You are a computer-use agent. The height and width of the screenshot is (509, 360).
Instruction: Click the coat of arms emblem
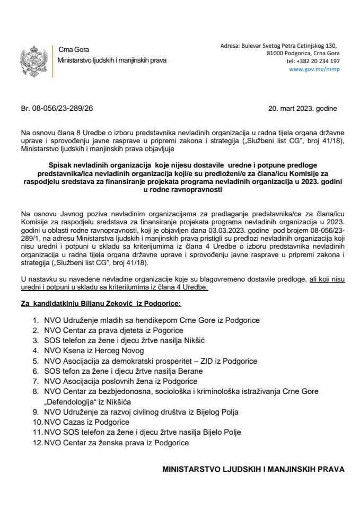(30, 62)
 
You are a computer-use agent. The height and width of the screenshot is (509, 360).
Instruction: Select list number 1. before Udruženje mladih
(36, 321)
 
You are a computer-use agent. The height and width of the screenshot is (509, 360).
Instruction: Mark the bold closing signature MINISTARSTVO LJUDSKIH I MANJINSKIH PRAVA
(253, 469)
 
